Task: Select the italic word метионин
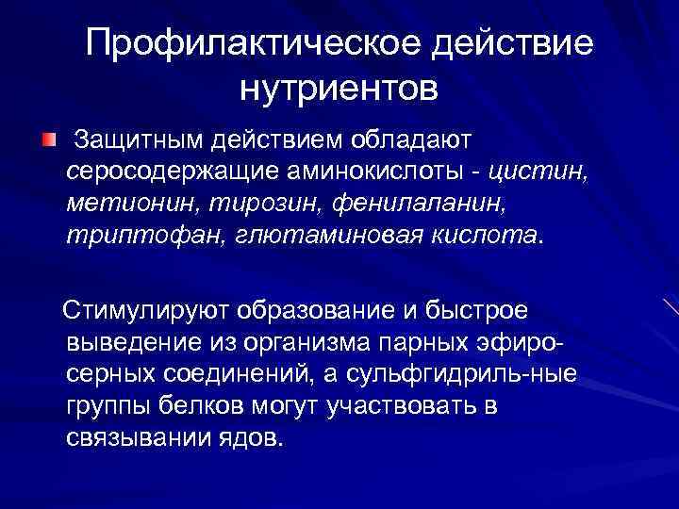click(x=122, y=203)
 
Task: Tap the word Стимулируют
click(x=148, y=312)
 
